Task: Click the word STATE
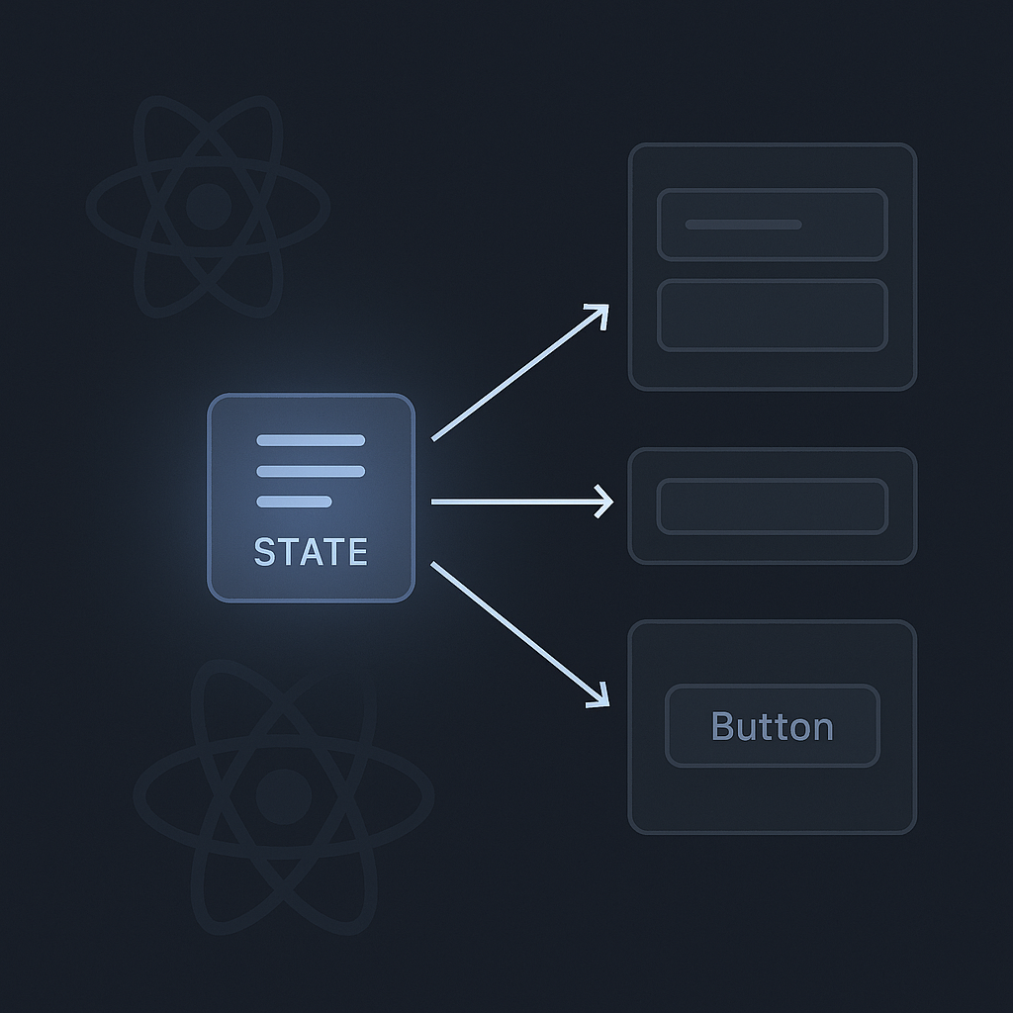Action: coord(311,552)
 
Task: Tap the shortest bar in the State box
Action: coord(294,502)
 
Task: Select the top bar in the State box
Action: coord(311,440)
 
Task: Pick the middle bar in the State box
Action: coord(311,471)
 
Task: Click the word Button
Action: coord(772,726)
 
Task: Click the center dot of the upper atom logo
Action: coord(208,206)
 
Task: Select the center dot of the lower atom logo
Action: coord(284,796)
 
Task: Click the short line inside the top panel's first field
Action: coord(743,225)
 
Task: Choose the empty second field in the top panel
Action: coord(772,316)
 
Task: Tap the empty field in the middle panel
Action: coord(772,506)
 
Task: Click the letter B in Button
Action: coord(722,726)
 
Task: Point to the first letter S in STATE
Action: coord(265,552)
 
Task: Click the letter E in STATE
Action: coord(357,552)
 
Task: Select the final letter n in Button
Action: coord(822,730)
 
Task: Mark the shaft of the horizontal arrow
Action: coord(516,502)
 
